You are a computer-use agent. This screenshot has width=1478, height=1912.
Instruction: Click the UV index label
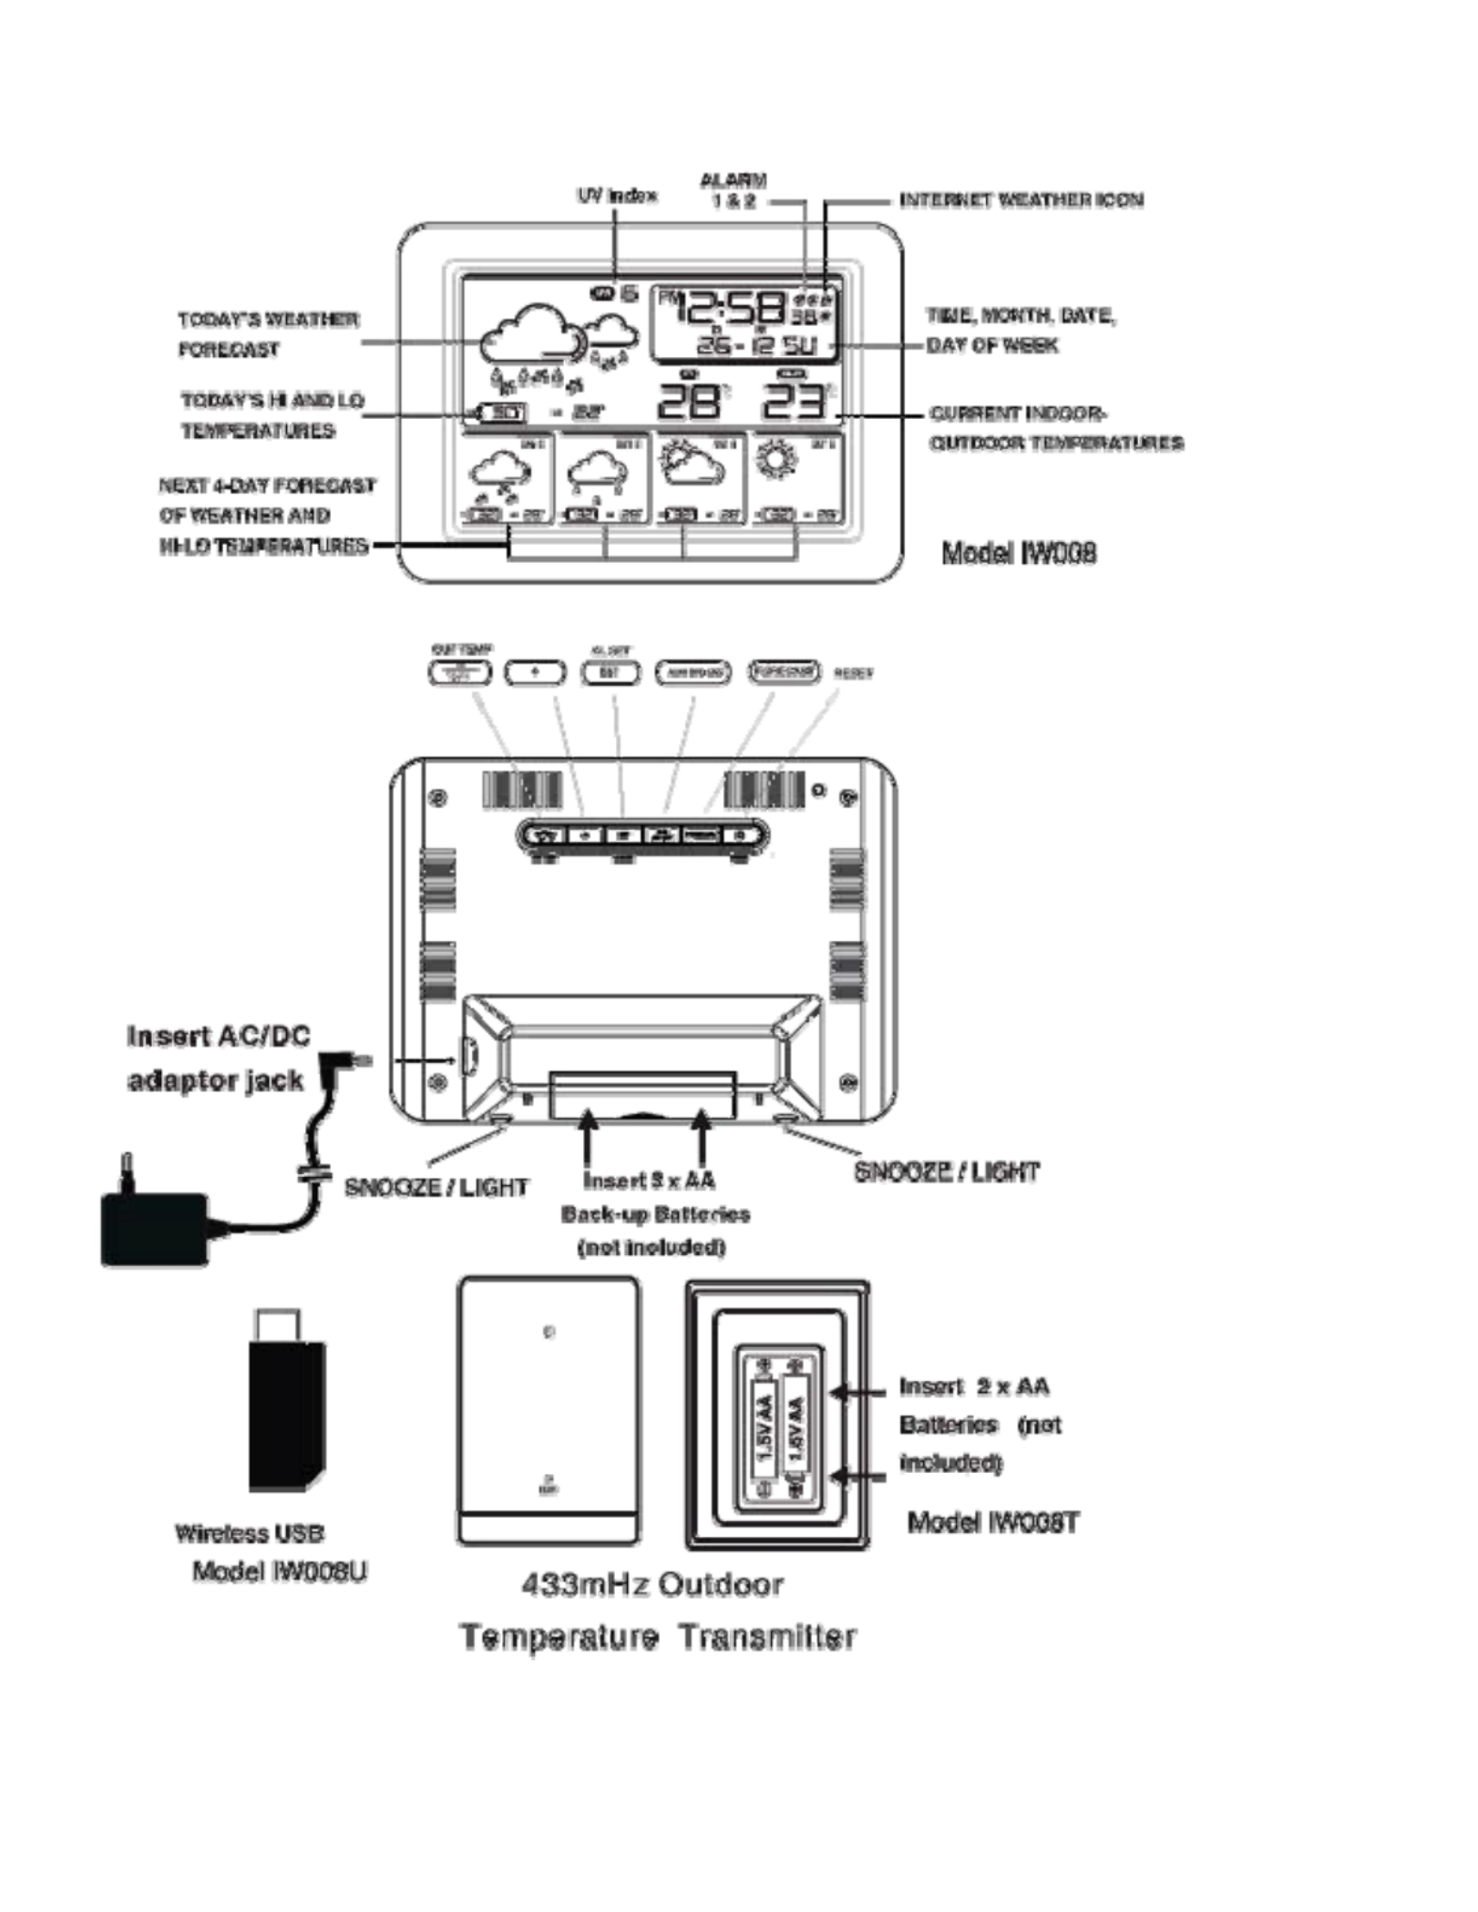pyautogui.click(x=617, y=196)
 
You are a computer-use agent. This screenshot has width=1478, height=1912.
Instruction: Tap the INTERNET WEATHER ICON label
pyautogui.click(x=1021, y=200)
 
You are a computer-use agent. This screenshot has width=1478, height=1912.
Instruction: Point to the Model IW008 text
pyautogui.click(x=1019, y=553)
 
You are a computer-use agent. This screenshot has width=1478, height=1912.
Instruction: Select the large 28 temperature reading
pyautogui.click(x=690, y=401)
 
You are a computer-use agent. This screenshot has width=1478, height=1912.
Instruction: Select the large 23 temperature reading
pyautogui.click(x=793, y=401)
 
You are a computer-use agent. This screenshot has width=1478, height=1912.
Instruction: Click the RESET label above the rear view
pyautogui.click(x=853, y=673)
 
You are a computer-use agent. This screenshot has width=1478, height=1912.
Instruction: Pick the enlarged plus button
pyautogui.click(x=535, y=672)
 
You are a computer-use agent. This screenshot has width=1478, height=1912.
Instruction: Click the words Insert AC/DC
pyautogui.click(x=219, y=1037)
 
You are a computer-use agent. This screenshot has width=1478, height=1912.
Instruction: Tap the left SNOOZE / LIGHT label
pyautogui.click(x=436, y=1188)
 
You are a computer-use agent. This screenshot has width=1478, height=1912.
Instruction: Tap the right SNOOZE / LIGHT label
pyautogui.click(x=946, y=1172)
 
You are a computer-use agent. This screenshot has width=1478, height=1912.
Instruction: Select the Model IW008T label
pyautogui.click(x=993, y=1522)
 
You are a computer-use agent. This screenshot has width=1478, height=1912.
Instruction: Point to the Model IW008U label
pyautogui.click(x=280, y=1572)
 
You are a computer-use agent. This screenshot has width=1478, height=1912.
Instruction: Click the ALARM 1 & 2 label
pyautogui.click(x=734, y=190)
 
